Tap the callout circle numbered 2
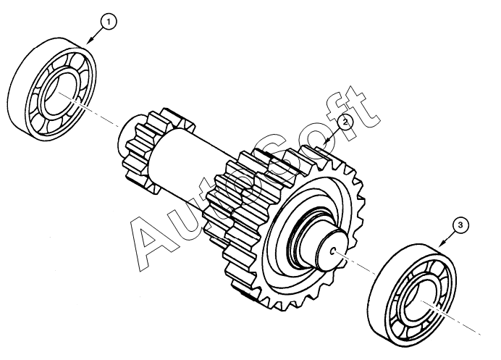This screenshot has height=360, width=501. click(x=345, y=122)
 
